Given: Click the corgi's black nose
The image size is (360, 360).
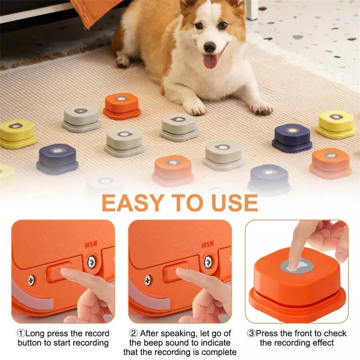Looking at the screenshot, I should coord(210,46).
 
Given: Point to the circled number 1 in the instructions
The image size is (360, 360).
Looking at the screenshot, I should coord(21,333).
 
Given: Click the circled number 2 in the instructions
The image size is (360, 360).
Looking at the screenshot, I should coord(133,333).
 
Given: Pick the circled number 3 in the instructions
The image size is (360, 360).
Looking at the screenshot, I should coord(252,333).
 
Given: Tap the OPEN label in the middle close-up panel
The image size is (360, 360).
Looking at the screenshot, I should coord(207,245).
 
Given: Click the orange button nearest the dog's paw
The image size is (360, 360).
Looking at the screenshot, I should coord(122,106).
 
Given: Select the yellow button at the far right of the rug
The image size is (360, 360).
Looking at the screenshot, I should coord(336,124).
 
